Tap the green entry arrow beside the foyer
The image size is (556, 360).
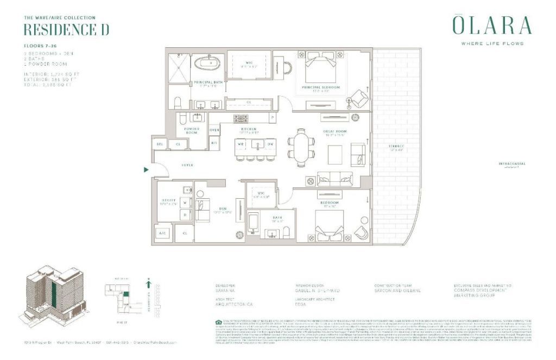146,169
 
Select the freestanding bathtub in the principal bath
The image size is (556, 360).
206,64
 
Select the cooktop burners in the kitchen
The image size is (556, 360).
241,118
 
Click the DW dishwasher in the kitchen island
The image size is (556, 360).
270,144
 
